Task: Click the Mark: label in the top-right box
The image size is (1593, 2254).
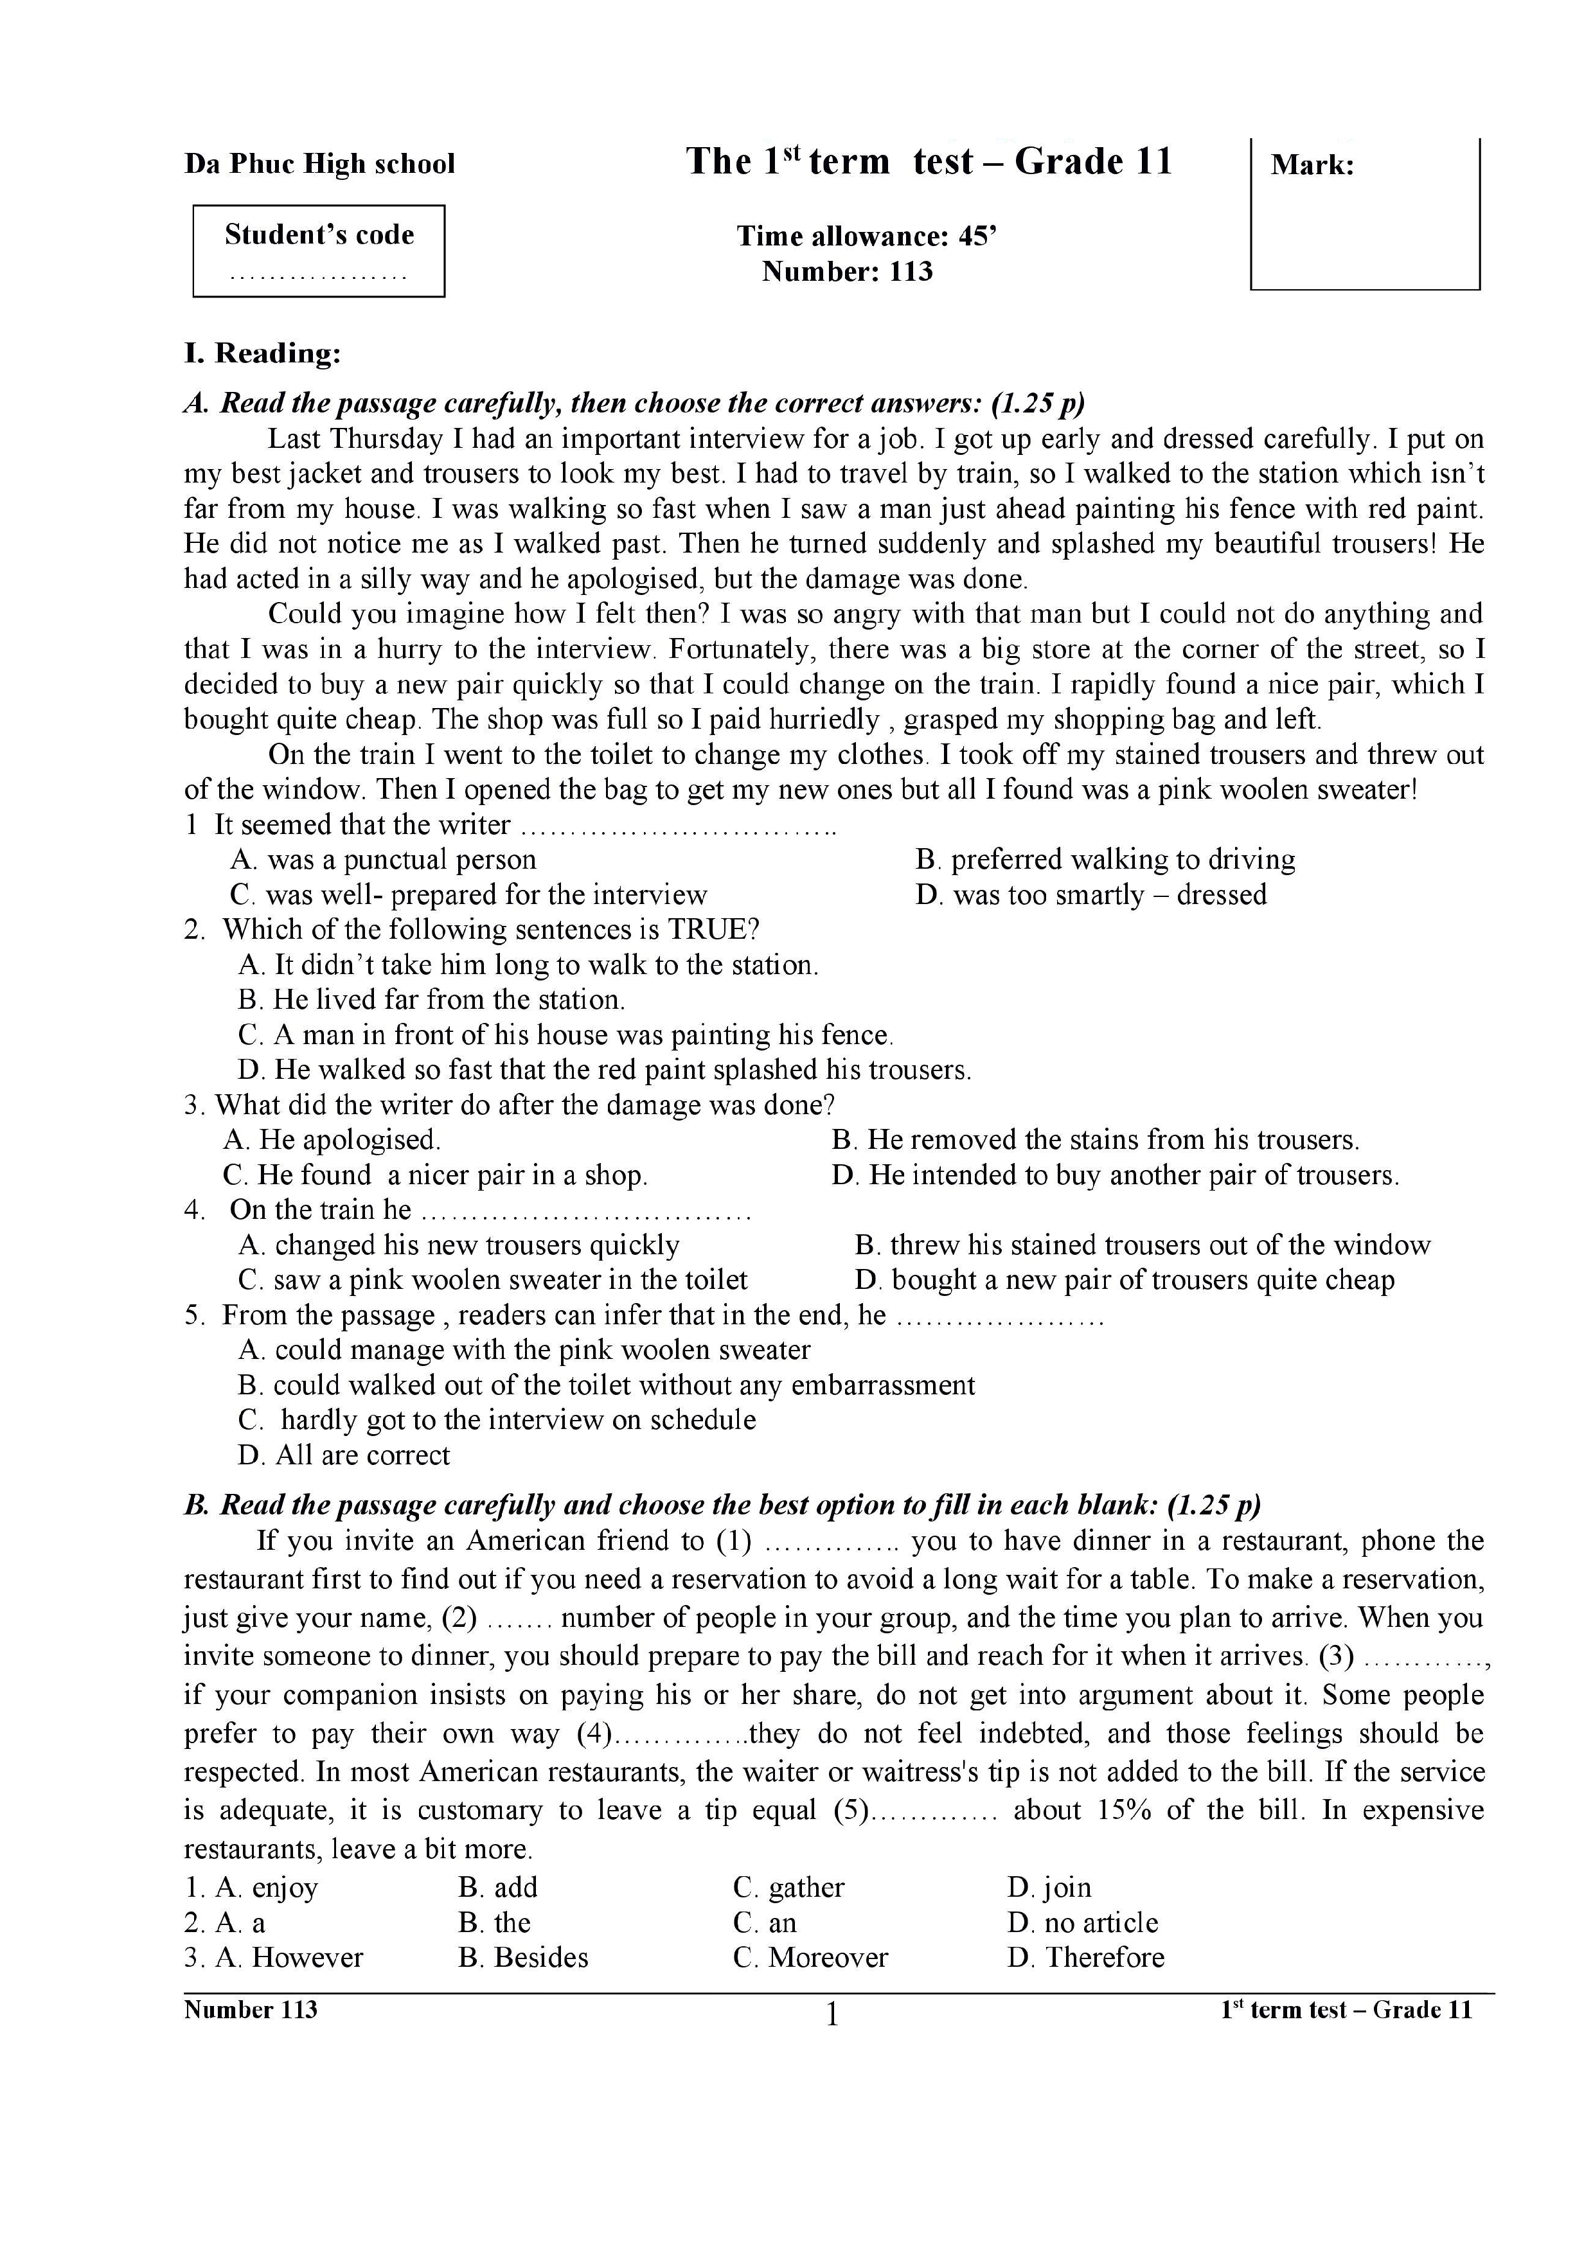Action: (x=1312, y=165)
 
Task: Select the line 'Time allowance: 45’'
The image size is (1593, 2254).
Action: (x=867, y=236)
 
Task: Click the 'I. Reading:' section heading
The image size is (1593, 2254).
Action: (x=262, y=353)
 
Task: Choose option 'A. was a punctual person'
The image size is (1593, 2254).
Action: (x=383, y=860)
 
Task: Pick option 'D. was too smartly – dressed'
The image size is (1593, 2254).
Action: (x=1090, y=895)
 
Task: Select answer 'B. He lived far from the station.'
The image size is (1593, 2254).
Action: (x=431, y=1000)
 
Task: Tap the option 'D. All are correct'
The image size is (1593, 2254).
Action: (x=344, y=1456)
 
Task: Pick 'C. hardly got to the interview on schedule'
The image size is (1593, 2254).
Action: (x=497, y=1421)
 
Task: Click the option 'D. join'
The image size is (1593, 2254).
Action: (x=1049, y=1888)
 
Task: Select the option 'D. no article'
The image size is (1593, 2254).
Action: (x=1083, y=1923)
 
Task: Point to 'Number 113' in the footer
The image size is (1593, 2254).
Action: (x=251, y=2010)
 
